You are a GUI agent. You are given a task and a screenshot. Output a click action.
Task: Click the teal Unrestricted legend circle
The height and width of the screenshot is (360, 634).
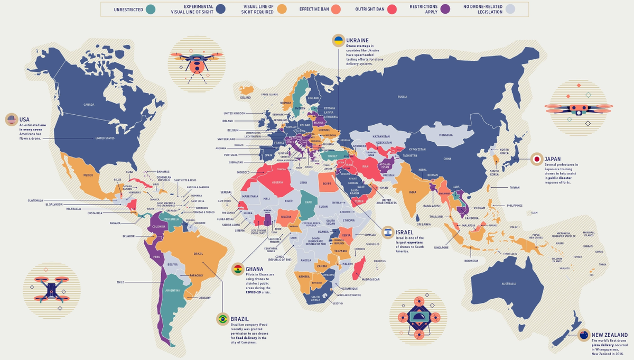[x=151, y=8]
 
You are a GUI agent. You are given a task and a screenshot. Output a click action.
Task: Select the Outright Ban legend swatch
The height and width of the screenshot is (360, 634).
[x=392, y=8]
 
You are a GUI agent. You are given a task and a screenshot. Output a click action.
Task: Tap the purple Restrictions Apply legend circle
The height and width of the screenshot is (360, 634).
[x=445, y=8]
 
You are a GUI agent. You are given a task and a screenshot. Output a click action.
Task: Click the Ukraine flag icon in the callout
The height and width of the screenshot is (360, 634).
[x=338, y=40]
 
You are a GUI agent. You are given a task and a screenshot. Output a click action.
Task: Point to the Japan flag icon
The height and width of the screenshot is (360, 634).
[x=536, y=159]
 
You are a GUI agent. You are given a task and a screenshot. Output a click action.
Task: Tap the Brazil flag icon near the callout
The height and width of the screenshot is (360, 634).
[x=222, y=319]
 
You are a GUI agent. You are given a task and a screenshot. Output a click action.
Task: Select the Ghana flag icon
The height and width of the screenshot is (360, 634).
[x=238, y=269]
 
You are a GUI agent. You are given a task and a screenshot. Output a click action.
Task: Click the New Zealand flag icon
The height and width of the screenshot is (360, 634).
[x=584, y=335]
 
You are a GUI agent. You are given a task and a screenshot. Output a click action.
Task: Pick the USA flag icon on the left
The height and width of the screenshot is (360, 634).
[x=10, y=119]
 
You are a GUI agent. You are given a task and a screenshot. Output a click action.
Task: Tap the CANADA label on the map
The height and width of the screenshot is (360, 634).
[x=89, y=104]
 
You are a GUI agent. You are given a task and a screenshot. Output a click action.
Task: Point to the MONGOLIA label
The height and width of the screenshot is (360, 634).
[x=445, y=135]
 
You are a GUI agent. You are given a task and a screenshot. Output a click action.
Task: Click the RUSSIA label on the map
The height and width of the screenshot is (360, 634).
[x=403, y=97]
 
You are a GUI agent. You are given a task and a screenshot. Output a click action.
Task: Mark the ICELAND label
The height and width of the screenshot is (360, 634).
[x=245, y=98]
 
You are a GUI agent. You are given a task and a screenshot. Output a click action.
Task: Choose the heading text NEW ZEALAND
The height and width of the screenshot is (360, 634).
[x=609, y=335]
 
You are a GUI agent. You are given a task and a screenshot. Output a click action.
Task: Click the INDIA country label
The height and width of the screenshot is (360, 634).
[x=413, y=192]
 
